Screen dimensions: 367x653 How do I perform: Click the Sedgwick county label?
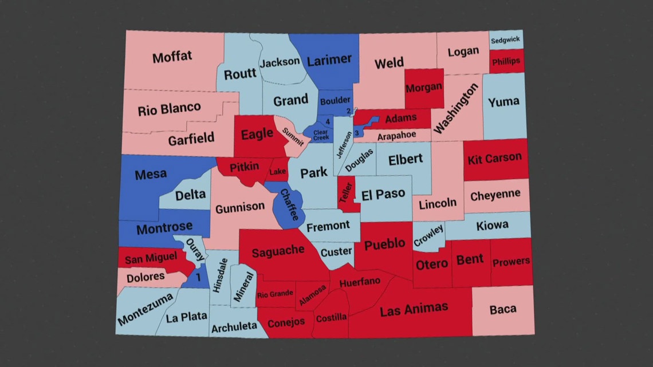tap(506, 41)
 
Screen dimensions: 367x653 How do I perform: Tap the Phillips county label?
tap(505, 61)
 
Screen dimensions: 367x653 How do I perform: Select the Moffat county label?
tap(172, 57)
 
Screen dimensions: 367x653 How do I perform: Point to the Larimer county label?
tap(329, 60)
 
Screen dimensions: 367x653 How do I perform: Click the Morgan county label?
tap(424, 88)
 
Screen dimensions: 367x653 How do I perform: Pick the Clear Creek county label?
tap(321, 135)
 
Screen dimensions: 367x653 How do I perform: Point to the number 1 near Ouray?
tap(198, 277)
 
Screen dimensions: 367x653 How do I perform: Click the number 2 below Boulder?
tap(348, 111)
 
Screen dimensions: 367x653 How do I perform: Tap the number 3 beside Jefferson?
tap(356, 133)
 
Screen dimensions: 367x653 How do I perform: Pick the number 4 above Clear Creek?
tap(328, 121)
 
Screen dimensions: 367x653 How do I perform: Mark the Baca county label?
tap(502, 310)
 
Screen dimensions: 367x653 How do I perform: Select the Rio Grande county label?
tap(275, 295)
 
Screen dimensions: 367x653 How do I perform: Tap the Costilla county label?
tap(331, 317)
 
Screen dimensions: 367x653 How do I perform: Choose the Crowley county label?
tap(428, 236)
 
